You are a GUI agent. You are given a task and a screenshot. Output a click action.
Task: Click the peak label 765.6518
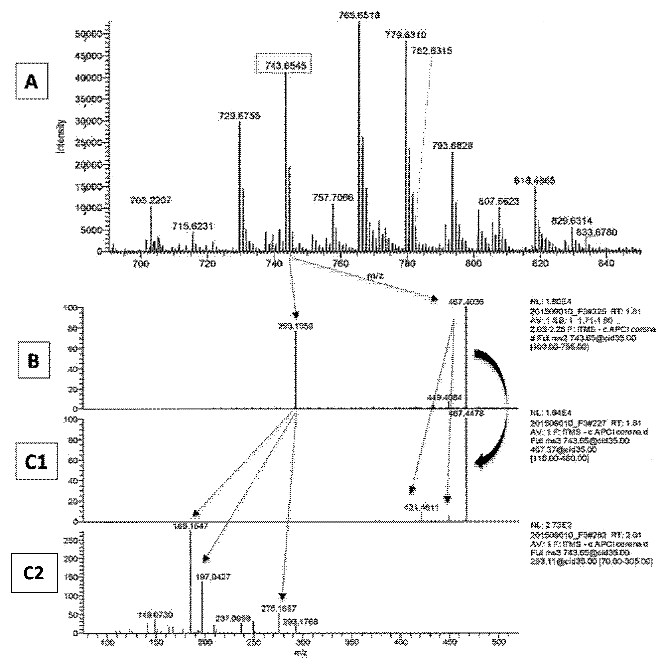point(359,15)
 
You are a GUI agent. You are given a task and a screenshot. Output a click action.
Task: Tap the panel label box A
point(32,82)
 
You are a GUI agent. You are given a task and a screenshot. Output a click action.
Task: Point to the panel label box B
point(34,360)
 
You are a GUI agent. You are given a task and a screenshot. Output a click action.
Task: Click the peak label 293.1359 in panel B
point(296,326)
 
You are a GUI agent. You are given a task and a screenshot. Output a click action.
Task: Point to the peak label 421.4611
point(421,507)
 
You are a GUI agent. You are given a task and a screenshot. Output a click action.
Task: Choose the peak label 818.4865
point(534,180)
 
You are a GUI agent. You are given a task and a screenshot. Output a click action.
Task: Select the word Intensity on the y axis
point(61,136)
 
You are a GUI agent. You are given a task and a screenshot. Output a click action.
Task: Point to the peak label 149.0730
point(155,614)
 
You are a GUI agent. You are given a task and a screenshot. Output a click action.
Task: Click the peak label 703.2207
point(151,200)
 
